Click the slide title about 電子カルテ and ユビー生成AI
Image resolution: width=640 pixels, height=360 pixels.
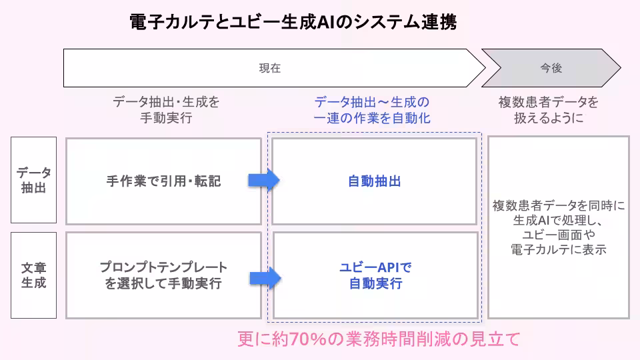(293, 23)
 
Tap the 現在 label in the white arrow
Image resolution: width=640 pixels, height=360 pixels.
(270, 68)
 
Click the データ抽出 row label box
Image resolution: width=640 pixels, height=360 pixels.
(33, 180)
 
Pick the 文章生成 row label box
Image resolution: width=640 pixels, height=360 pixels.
(33, 275)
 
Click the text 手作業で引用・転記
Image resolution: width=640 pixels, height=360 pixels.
(163, 181)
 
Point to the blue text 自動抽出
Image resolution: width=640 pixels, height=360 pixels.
(375, 181)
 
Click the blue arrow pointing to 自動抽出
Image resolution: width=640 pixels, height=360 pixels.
(263, 180)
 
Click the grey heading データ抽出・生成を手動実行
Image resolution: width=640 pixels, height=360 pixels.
(166, 110)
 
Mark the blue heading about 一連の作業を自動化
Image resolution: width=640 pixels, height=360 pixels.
(372, 110)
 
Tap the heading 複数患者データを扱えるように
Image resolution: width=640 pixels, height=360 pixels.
(549, 110)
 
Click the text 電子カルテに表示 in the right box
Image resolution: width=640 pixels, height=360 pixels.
(559, 249)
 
